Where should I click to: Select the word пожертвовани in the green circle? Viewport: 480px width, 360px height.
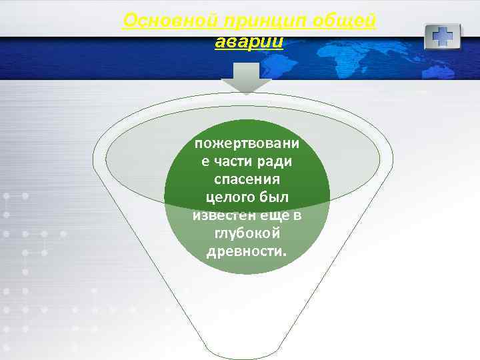(x=247, y=144)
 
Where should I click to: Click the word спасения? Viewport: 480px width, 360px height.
(x=247, y=179)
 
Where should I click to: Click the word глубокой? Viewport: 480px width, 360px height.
(x=247, y=233)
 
